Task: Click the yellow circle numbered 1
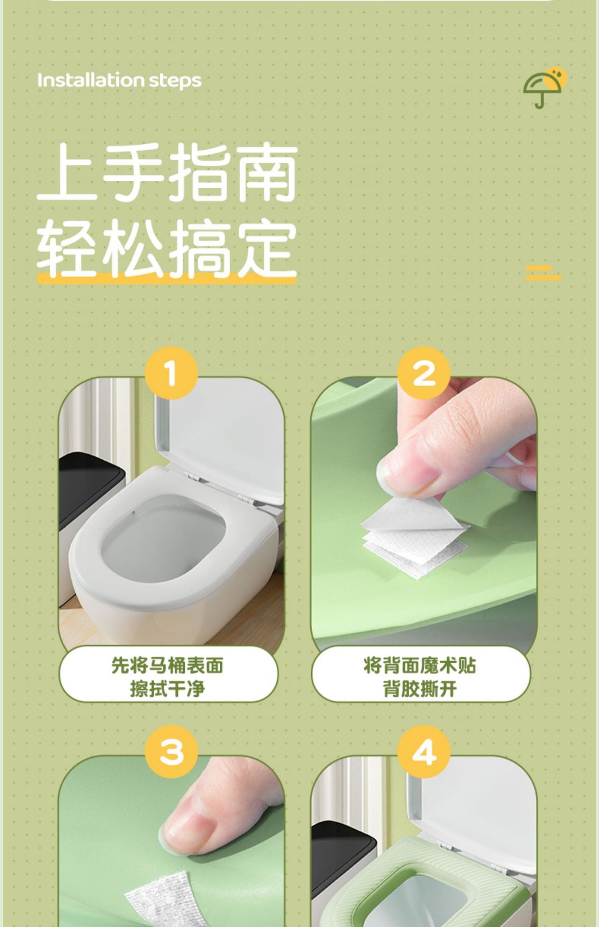click(x=171, y=373)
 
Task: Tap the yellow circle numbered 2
click(x=424, y=373)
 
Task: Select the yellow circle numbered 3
click(x=171, y=751)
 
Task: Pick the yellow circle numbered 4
click(x=424, y=751)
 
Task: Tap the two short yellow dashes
click(x=543, y=272)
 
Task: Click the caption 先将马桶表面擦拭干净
click(x=168, y=676)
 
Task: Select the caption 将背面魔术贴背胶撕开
click(x=420, y=676)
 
